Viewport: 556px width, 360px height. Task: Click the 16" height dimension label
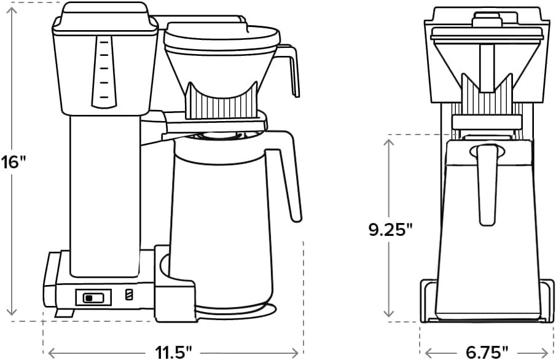pos(14,163)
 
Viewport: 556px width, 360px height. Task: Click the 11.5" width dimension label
pos(173,352)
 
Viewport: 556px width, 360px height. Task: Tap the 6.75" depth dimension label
pos(487,352)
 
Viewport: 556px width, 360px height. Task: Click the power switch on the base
pos(93,297)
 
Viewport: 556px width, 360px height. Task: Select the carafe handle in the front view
pos(488,181)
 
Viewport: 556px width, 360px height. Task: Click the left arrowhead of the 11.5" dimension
pos(50,352)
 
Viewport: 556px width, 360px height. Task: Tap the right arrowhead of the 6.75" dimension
pos(547,352)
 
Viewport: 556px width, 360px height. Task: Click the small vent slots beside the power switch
pos(128,295)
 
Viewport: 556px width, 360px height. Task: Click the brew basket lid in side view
pos(221,34)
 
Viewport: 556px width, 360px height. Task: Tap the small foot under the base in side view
pos(60,313)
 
